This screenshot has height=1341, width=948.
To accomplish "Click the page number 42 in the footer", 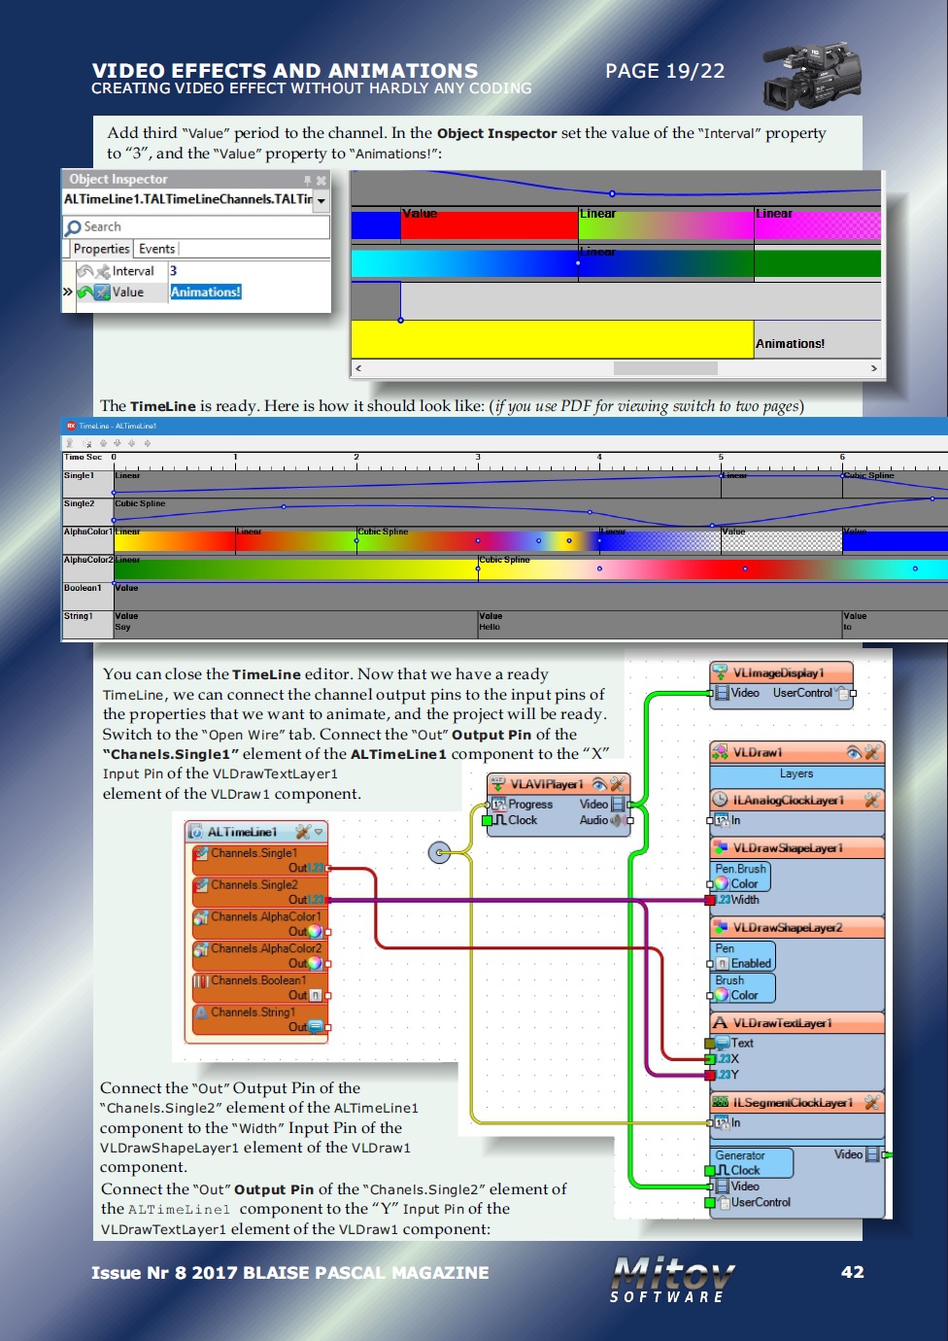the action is pos(852,1272).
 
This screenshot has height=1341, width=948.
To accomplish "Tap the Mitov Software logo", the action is pos(672,1279).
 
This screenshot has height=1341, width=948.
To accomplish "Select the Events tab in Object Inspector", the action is pos(156,249).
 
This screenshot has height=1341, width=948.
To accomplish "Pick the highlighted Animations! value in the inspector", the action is pos(206,292).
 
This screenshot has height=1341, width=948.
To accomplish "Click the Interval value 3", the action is pos(174,271).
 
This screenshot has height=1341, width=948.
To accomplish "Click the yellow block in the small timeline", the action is pos(552,339).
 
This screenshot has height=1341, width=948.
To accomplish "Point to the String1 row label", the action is pos(79,616).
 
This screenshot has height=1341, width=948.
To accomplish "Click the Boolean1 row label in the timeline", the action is pos(83,588).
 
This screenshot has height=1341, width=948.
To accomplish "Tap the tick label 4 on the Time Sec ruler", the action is pos(599,457).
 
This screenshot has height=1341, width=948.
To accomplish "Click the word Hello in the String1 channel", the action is pos(490,627).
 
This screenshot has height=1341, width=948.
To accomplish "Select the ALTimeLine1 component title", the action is pos(242,832).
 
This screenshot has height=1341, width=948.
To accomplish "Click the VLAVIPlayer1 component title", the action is pos(547,784).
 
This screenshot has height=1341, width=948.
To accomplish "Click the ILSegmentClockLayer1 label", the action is pos(793,1102).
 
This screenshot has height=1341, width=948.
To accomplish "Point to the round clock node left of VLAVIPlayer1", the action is pos(440,853).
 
